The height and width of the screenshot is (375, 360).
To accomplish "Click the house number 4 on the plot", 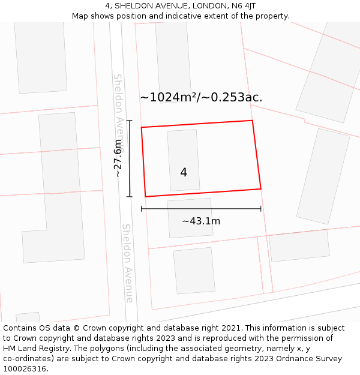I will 184,173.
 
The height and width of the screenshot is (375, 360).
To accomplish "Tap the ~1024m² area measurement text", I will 201,97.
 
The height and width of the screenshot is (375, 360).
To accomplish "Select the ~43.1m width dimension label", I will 201,221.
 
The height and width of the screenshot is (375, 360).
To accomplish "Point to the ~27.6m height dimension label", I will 118,158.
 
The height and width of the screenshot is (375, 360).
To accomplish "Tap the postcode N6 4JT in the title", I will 245,5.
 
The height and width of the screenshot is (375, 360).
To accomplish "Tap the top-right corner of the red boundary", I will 252,121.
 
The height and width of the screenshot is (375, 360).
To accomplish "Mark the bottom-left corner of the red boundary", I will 145,196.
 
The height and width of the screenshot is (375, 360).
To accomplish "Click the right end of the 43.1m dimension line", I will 260,209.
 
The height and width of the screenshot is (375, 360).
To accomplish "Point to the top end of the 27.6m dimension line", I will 130,121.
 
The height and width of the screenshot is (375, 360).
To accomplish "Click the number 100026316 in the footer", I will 25,369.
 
